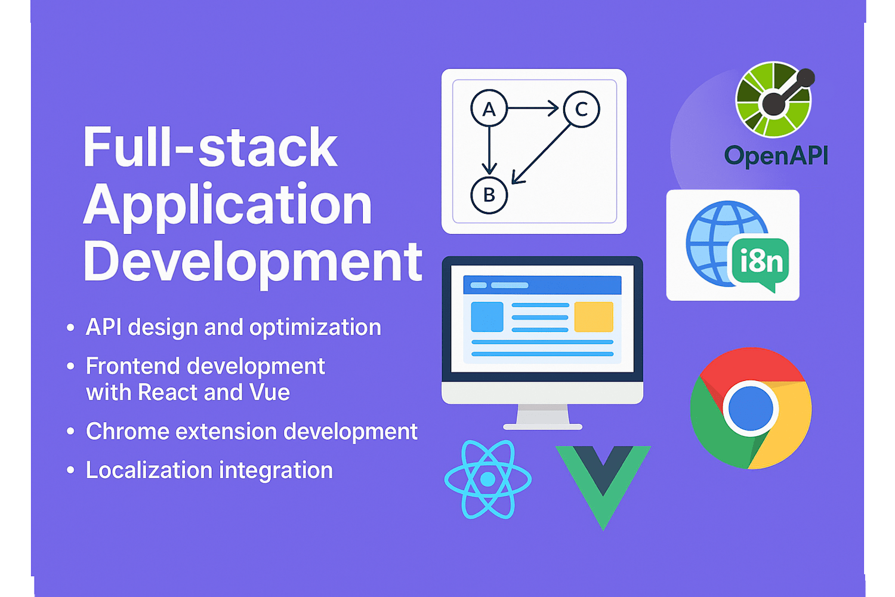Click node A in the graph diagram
[489, 109]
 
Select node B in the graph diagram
[489, 195]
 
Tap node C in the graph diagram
[581, 109]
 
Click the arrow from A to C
[533, 108]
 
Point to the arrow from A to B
[489, 151]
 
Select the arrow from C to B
[541, 154]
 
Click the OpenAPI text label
[776, 156]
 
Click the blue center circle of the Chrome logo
[751, 408]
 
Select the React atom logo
[488, 479]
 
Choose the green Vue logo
[603, 488]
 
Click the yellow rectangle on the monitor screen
[594, 316]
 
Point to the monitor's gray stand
[542, 417]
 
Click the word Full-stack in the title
[210, 147]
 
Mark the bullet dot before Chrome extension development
[71, 432]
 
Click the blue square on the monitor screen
[487, 316]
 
